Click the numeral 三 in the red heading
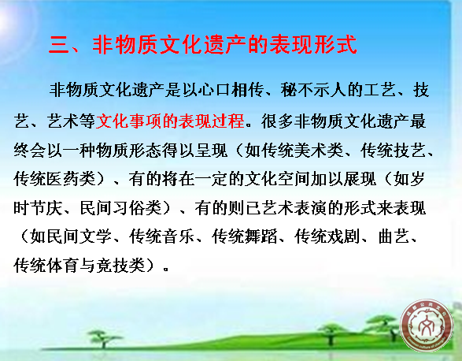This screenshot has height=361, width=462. [x=58, y=45]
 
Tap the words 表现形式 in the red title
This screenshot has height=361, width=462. [x=313, y=45]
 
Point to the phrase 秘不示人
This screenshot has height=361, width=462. [x=313, y=90]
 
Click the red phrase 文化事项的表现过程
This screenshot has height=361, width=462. [x=170, y=121]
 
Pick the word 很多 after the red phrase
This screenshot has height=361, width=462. [x=277, y=121]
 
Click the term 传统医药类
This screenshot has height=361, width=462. [x=55, y=179]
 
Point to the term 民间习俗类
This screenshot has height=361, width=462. [x=120, y=208]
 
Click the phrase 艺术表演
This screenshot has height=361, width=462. [x=294, y=208]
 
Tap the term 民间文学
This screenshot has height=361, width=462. [x=72, y=236]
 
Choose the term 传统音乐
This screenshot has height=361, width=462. [x=162, y=236]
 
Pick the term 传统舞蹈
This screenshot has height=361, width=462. [x=245, y=236]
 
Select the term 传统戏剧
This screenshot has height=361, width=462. [x=327, y=236]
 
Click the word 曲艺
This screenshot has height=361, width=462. [x=394, y=236]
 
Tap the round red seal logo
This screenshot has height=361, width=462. [x=427, y=326]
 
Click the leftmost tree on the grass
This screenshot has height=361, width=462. [x=103, y=339]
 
